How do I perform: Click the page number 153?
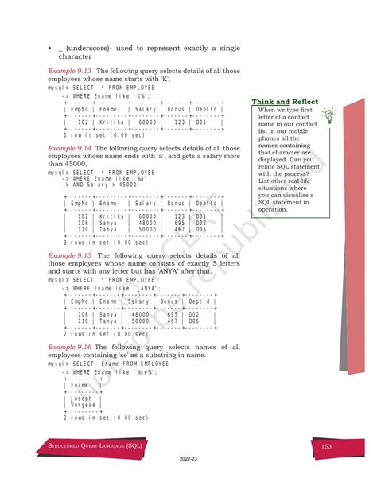326,447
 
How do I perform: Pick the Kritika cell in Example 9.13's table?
111,123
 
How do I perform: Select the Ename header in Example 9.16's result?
80,385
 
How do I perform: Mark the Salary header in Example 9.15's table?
140,301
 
